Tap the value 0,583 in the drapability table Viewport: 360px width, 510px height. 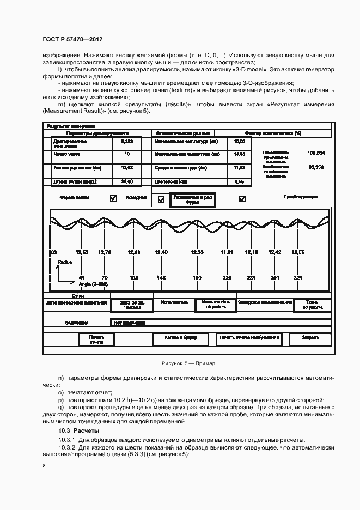[126, 141]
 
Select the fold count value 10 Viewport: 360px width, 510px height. [126, 155]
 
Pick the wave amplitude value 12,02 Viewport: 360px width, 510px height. [126, 168]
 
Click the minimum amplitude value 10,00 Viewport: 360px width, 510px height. [239, 141]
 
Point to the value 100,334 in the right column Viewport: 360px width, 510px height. [316, 153]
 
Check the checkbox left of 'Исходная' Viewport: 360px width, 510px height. [113, 198]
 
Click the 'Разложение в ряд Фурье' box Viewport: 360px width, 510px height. [193, 199]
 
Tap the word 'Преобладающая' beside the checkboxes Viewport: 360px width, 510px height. [300, 197]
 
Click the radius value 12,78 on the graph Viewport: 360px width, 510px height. [105, 252]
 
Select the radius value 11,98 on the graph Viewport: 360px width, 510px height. [227, 252]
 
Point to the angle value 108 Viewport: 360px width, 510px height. [133, 278]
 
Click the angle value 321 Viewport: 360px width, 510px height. [297, 278]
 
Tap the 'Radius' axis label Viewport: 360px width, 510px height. [65, 262]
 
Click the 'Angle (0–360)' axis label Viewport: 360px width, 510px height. [93, 284]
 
